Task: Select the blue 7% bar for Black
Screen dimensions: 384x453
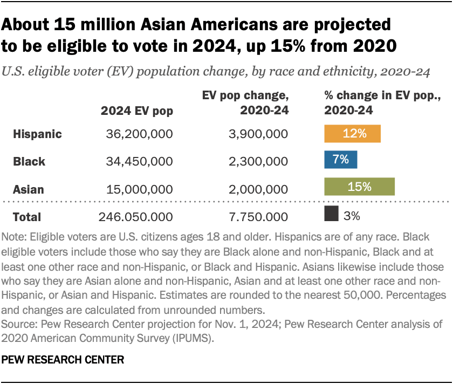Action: click(340, 160)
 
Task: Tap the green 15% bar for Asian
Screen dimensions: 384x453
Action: click(359, 187)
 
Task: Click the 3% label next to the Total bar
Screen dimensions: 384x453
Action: click(352, 216)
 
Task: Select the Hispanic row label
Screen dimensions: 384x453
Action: click(37, 134)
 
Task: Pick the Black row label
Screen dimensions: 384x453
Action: click(29, 161)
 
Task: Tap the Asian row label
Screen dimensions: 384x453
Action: click(29, 189)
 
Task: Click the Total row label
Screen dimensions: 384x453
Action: click(27, 217)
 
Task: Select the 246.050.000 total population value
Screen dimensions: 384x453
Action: click(136, 217)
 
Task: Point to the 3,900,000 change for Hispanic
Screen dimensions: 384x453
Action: click(259, 134)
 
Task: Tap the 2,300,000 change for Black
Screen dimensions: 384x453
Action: click(259, 161)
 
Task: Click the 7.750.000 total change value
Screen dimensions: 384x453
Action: click(259, 217)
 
